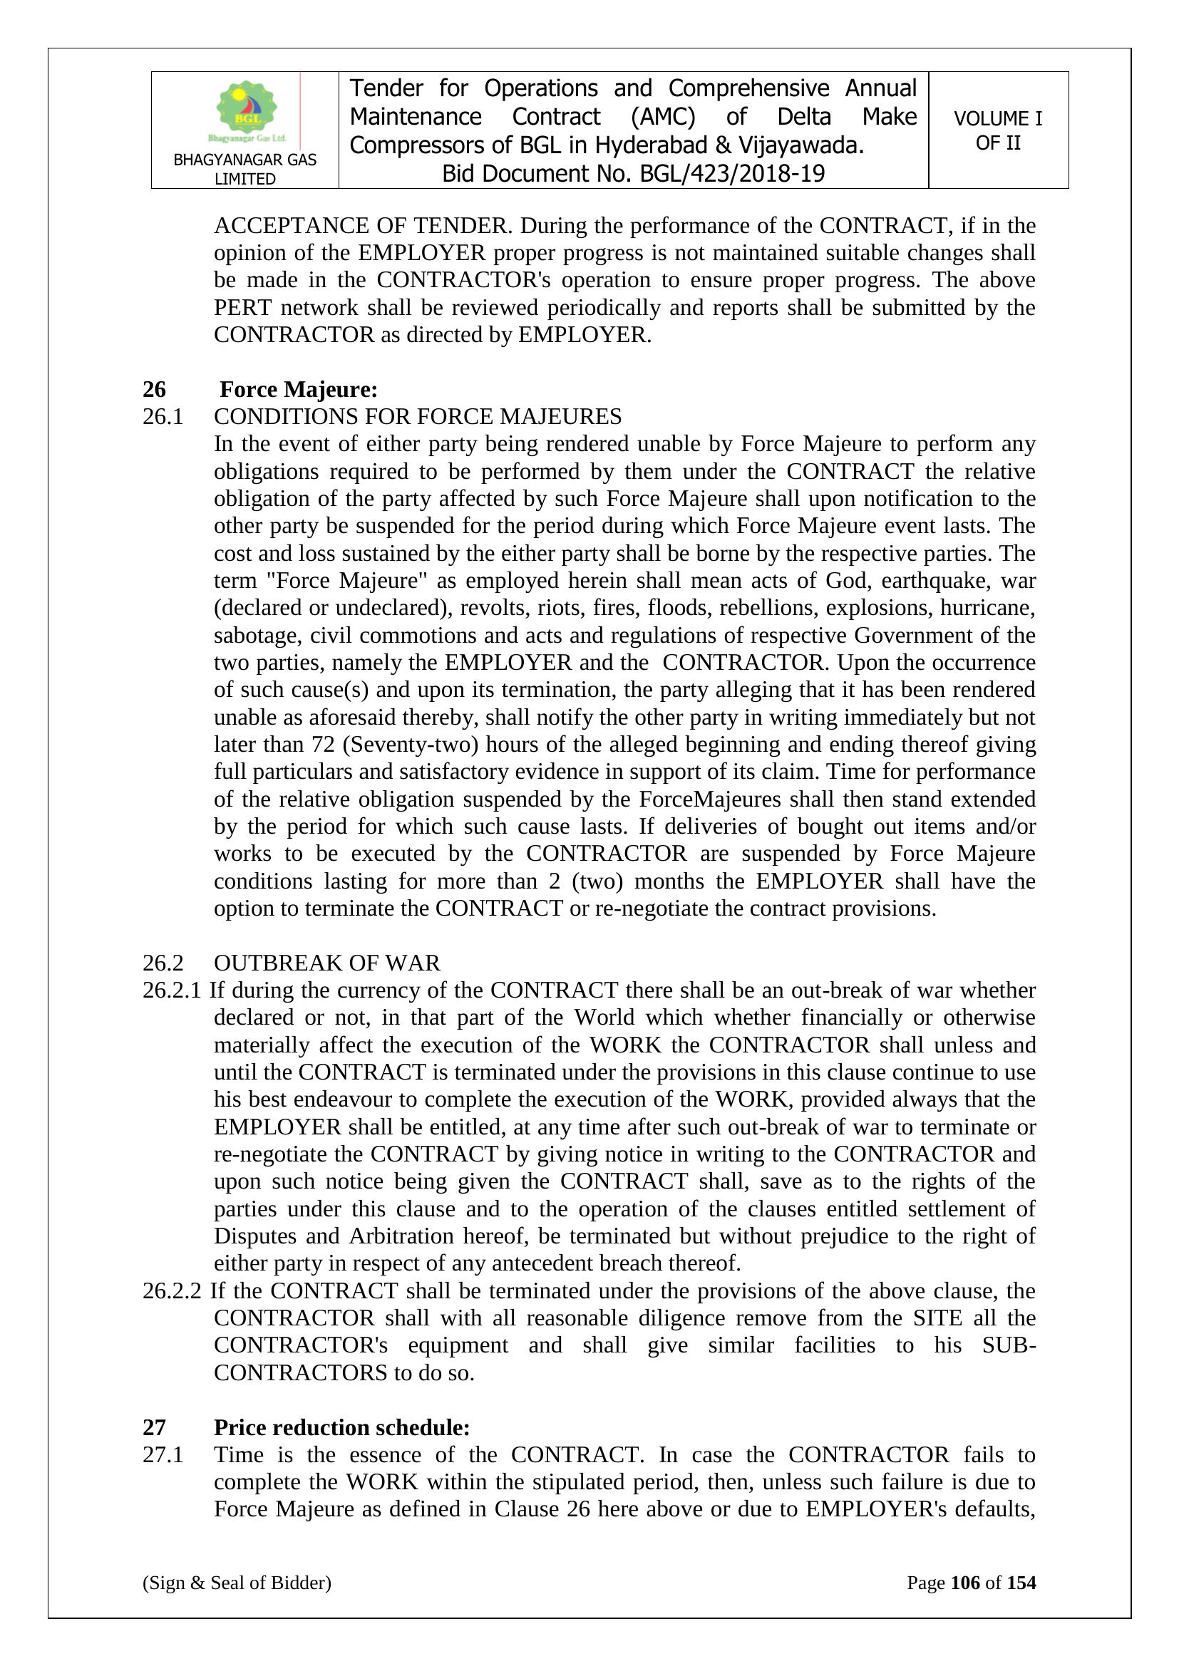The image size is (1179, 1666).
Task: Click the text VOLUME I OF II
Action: pos(997,130)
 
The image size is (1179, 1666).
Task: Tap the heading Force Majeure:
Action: pos(299,390)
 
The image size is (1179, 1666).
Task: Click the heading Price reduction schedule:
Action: pos(342,1427)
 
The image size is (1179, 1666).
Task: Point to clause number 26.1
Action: pos(163,418)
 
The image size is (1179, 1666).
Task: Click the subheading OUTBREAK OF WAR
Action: pos(326,963)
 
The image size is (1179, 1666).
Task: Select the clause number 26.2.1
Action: pos(171,990)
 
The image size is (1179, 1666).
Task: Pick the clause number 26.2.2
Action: pos(171,1291)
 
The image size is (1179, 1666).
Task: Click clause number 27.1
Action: pos(163,1455)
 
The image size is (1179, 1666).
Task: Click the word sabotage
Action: pos(258,636)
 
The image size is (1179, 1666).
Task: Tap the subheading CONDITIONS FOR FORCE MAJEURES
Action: pos(418,418)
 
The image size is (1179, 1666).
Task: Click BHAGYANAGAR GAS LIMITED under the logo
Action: pos(244,169)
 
